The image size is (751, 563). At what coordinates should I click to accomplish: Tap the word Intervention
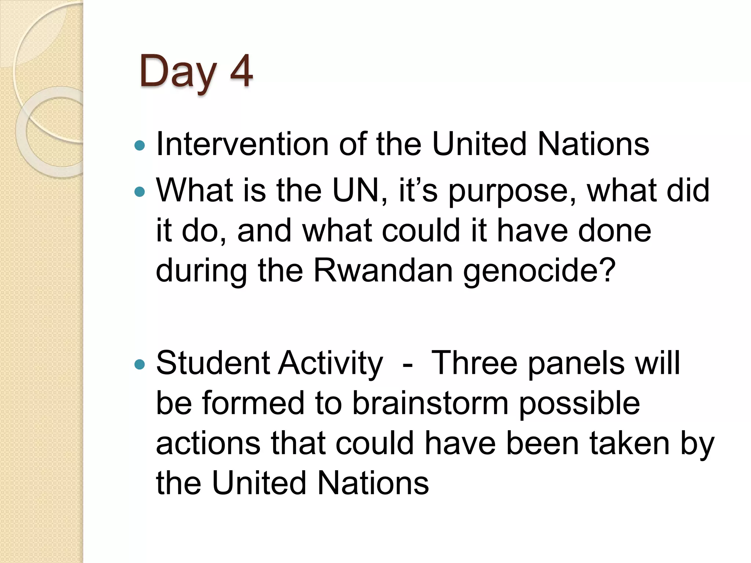coord(242,144)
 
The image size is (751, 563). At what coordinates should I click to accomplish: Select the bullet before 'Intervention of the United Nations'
coord(140,146)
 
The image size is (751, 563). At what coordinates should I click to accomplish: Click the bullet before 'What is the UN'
coord(140,191)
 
